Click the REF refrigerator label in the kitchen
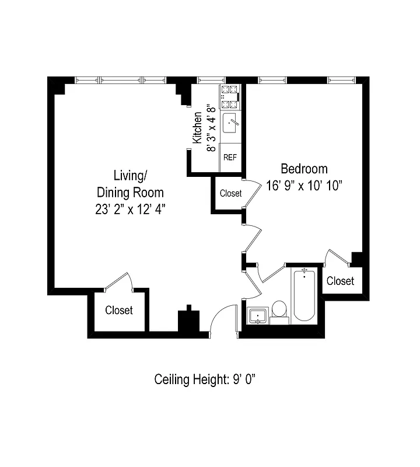tap(230, 158)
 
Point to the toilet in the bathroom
tap(279, 311)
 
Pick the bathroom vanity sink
tap(257, 316)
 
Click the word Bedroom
tap(304, 169)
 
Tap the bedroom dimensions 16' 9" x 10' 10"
tap(303, 185)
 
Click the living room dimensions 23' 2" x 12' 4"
tap(130, 209)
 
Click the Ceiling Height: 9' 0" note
tap(205, 379)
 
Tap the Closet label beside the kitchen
tap(230, 193)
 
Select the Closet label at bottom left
tap(119, 311)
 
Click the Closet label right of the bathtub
tap(340, 281)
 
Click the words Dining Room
tap(130, 192)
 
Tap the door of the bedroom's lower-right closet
tap(337, 258)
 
